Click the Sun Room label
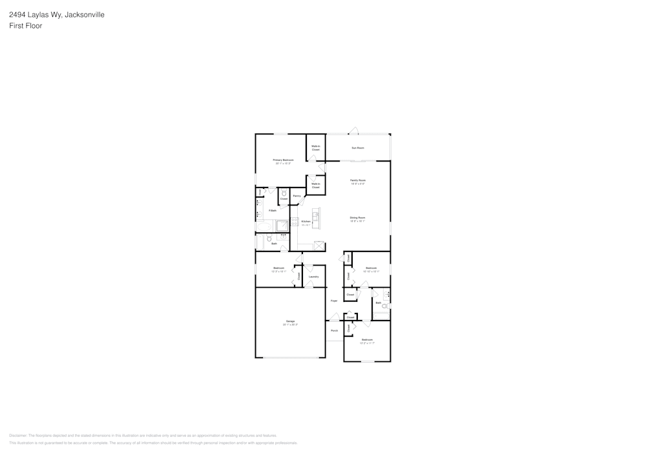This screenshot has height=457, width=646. (x=358, y=148)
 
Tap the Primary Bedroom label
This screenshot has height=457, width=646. (x=283, y=160)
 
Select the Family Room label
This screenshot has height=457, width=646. (x=358, y=180)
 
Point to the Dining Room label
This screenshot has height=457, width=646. (x=358, y=217)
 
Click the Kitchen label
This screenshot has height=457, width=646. (x=306, y=221)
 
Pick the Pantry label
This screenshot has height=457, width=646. (x=297, y=196)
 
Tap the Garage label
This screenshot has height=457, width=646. (x=290, y=321)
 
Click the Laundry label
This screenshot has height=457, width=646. (x=313, y=277)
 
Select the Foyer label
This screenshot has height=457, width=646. (x=334, y=301)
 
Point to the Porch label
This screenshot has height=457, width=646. (x=334, y=330)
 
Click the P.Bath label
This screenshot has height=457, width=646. (x=273, y=210)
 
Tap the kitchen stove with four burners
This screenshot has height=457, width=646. (x=295, y=224)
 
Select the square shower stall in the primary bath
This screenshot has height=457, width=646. (x=282, y=225)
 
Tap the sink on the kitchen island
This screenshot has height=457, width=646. (x=316, y=214)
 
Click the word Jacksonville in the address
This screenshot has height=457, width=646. (x=85, y=14)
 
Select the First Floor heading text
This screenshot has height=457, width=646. (x=26, y=26)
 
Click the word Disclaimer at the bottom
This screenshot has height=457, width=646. (x=17, y=435)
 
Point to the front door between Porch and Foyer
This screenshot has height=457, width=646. (x=334, y=318)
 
